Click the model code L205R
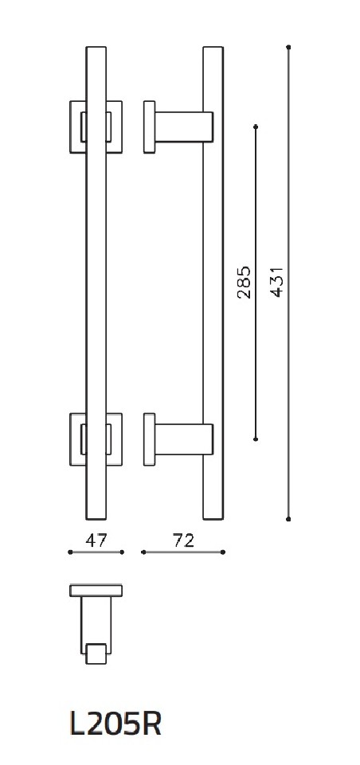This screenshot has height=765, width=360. pos(115,724)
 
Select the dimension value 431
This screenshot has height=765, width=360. pos(276,280)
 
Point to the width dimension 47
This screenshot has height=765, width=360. pos(96,541)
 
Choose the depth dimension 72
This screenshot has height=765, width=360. pos(183,541)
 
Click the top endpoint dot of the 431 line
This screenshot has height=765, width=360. pos(288,48)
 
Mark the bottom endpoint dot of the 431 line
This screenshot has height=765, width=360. pos(288,518)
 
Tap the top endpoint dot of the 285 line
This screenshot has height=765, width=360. pos(256,125)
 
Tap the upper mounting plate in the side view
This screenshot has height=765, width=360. pos(148,125)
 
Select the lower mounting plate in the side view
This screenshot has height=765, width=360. pos(148,439)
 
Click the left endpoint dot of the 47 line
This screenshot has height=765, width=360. pos(70,552)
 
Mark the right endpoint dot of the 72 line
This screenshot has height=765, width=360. pos(223,552)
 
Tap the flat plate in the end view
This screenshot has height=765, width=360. pos(96,590)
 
